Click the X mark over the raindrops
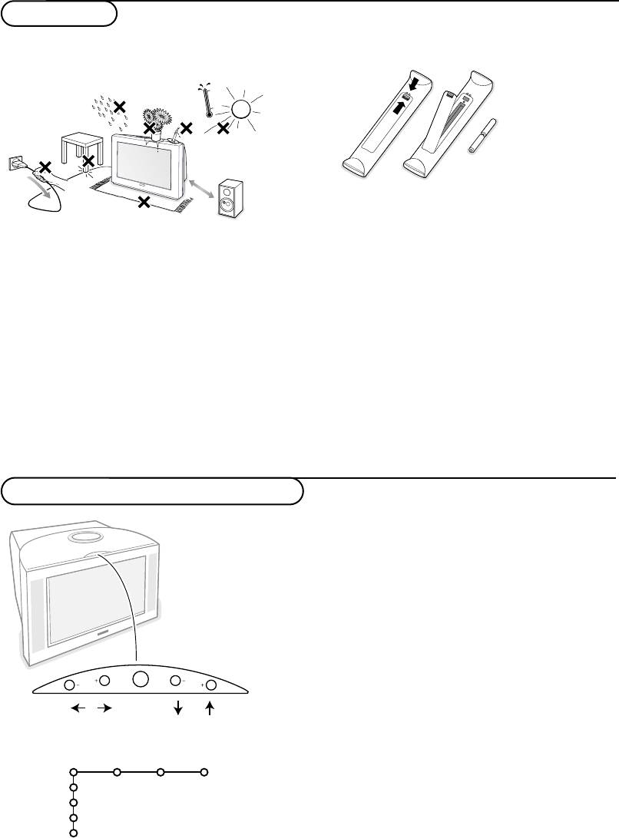[120, 106]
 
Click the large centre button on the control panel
[141, 679]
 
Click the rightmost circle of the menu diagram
[204, 772]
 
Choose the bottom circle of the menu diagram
[73, 833]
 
